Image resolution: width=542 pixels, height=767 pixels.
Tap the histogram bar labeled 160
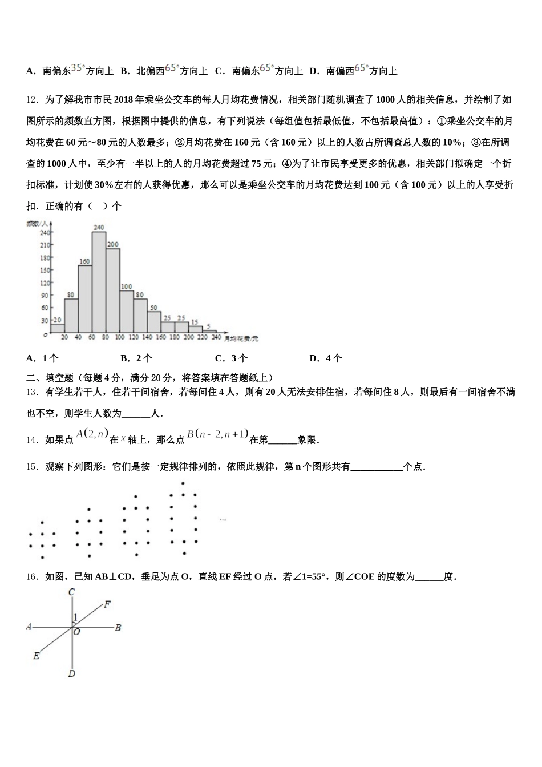pos(85,298)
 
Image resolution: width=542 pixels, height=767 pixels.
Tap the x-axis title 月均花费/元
pos(241,338)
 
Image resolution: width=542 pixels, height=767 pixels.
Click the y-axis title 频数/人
pos(36,224)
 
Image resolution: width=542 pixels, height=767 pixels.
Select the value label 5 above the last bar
pos(209,326)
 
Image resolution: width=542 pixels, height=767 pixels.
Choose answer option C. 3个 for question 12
pos(231,358)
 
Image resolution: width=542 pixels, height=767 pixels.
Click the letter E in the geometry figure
pos(36,656)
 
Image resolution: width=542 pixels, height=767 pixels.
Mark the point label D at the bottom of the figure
pos(71,674)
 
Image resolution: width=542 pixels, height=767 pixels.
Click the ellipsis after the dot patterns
pos(223,519)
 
